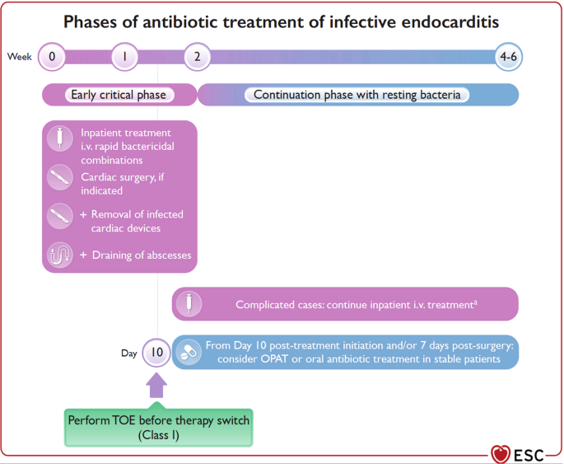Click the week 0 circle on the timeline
pyautogui.click(x=51, y=57)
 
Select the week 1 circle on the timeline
pyautogui.click(x=124, y=57)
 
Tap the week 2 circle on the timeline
pyautogui.click(x=197, y=57)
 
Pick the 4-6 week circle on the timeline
pyautogui.click(x=508, y=57)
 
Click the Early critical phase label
pyautogui.click(x=119, y=95)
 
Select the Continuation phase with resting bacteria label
pyautogui.click(x=357, y=95)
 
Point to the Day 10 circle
pyautogui.click(x=156, y=353)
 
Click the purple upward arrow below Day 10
pyautogui.click(x=156, y=385)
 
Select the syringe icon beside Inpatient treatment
pyautogui.click(x=60, y=138)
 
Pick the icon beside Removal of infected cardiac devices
pyautogui.click(x=60, y=217)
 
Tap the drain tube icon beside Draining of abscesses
pyautogui.click(x=60, y=255)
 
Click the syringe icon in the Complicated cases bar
pyautogui.click(x=189, y=303)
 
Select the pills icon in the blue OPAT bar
pyautogui.click(x=189, y=352)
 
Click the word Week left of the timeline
pyautogui.click(x=20, y=57)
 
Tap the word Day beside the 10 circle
pyautogui.click(x=128, y=354)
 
